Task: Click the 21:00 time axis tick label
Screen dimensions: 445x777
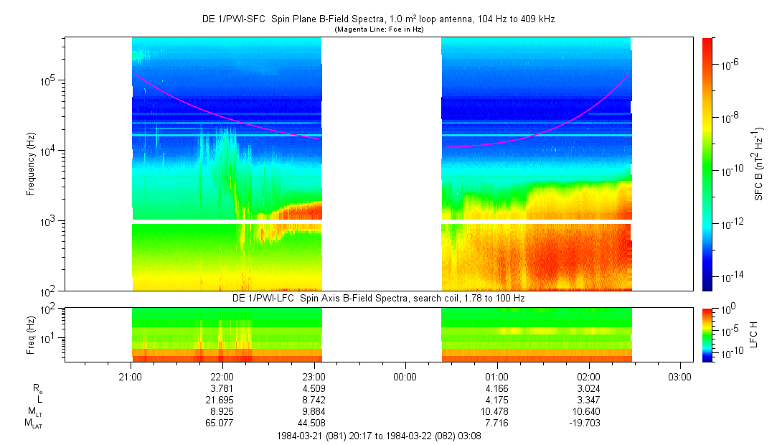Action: [130, 376]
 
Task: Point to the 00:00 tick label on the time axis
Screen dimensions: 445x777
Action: [405, 376]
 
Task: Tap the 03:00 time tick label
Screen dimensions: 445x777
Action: [680, 376]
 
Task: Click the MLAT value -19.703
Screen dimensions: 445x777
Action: [588, 423]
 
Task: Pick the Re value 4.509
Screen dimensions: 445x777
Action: [314, 388]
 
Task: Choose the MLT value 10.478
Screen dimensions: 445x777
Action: [497, 411]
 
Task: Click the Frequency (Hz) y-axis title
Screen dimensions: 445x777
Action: [31, 164]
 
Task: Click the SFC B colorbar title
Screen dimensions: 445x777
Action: [759, 164]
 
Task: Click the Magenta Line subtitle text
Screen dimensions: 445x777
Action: [379, 29]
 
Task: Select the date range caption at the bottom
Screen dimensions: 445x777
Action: [379, 436]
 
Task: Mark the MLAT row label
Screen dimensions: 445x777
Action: [32, 423]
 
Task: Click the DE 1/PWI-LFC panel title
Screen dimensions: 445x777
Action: [379, 298]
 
